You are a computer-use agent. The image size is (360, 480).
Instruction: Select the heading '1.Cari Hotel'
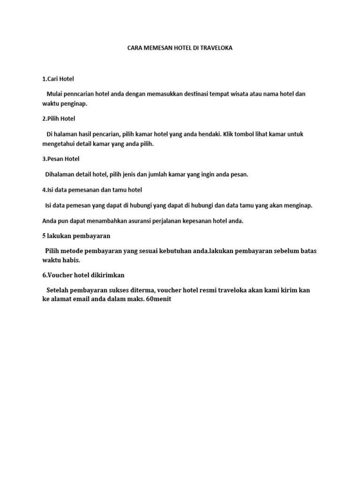pyautogui.click(x=58, y=79)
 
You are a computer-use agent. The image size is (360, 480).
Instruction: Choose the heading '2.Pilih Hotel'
pyautogui.click(x=59, y=119)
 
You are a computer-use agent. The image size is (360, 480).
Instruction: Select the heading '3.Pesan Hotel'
pyautogui.click(x=61, y=159)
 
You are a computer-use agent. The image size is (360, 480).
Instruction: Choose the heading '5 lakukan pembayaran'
pyautogui.click(x=76, y=236)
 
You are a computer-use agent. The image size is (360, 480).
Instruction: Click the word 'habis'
pyautogui.click(x=69, y=260)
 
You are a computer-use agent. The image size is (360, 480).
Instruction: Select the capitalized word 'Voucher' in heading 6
pyautogui.click(x=60, y=275)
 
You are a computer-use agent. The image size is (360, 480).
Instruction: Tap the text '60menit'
pyautogui.click(x=159, y=300)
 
